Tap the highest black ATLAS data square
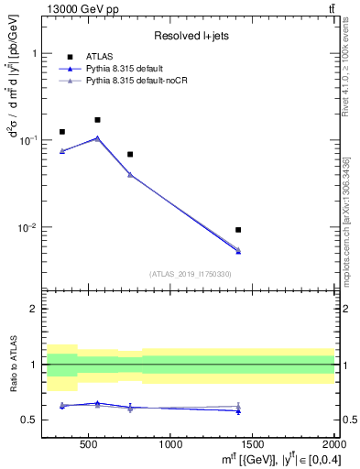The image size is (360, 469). (97, 120)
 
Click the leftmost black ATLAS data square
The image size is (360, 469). (62, 132)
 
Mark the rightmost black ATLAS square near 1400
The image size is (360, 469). (238, 230)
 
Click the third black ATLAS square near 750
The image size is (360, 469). (130, 154)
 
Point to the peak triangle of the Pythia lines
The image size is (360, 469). (97, 138)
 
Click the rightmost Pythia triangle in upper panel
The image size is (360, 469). (238, 250)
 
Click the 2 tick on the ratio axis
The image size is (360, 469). (39, 310)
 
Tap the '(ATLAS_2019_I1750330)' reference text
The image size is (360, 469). (190, 274)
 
